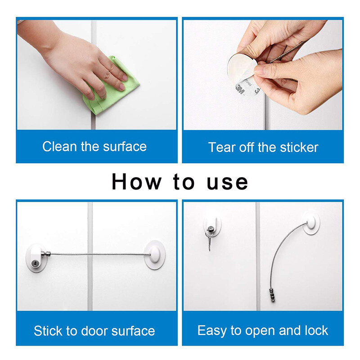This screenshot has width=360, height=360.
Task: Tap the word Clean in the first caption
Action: [59, 147]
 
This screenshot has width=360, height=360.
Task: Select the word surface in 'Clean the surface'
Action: [125, 147]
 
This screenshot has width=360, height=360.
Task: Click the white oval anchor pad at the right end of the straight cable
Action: [154, 255]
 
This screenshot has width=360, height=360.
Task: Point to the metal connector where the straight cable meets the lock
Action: [46, 254]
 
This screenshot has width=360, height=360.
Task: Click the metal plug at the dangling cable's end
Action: [272, 296]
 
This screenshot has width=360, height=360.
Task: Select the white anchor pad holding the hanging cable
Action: [311, 222]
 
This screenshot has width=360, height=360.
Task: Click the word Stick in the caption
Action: [48, 331]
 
